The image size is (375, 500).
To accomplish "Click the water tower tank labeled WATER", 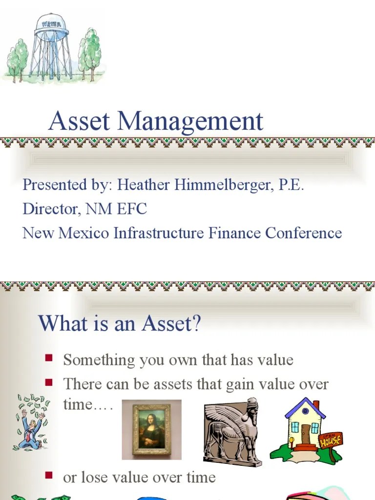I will (51, 27).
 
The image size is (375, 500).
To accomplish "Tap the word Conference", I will (303, 233).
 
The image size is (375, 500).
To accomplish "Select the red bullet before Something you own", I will (49, 358).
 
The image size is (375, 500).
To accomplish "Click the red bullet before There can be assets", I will (49, 382).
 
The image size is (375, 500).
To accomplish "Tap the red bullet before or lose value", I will (49, 475).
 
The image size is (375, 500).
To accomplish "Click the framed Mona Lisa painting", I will (151, 430).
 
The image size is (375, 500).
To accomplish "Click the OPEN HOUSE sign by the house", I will (331, 440).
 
